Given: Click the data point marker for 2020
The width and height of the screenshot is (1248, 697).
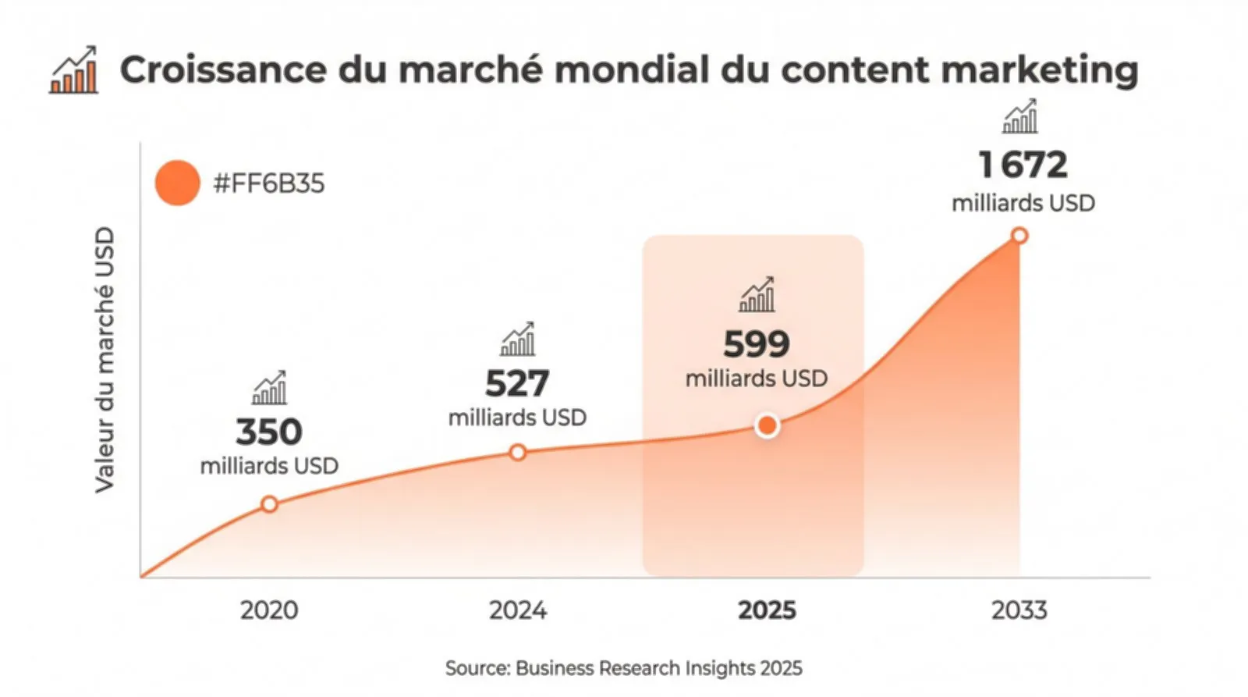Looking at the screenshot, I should [x=269, y=504].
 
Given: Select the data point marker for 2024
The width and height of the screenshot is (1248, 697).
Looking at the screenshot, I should [x=517, y=452].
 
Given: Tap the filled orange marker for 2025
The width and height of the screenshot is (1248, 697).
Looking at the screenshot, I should [x=768, y=425].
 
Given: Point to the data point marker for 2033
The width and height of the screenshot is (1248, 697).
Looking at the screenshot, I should [x=1019, y=236].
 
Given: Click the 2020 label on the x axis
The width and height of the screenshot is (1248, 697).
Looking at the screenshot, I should [x=269, y=610].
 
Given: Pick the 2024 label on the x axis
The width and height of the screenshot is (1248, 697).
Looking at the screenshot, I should [x=517, y=610].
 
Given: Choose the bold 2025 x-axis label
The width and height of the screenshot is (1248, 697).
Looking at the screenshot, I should [x=767, y=610].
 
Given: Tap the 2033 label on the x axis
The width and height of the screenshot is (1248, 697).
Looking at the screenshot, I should [x=1019, y=610].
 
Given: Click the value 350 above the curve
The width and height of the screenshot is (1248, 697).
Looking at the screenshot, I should [x=269, y=432].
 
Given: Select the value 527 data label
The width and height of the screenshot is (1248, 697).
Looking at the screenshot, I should [x=517, y=383].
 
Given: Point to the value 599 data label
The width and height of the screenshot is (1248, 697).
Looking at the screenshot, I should [x=756, y=343].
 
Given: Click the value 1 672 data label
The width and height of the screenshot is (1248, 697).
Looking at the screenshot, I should [x=1023, y=165].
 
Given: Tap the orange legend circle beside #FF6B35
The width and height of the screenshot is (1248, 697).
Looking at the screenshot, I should [x=177, y=183].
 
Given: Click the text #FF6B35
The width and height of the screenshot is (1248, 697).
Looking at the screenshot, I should [x=268, y=183].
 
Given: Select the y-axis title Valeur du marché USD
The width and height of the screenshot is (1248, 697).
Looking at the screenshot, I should [x=105, y=360].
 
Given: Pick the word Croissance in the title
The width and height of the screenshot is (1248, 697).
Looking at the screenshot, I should [x=222, y=69].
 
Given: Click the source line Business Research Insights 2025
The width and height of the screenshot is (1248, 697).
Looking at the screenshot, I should [x=623, y=668].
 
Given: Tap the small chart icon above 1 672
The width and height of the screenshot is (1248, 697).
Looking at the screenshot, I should [x=1019, y=116].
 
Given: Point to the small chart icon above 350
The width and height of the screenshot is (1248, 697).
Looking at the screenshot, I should [x=269, y=388].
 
